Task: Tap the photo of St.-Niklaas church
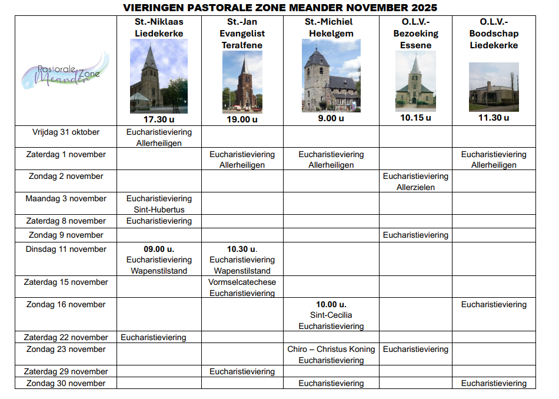click(159, 76)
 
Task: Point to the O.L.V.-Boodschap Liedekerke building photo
click(494, 87)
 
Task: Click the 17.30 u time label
click(159, 119)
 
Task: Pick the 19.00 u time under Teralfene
click(242, 119)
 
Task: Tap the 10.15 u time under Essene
click(415, 117)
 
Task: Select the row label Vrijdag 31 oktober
click(66, 132)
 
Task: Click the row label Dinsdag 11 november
click(66, 249)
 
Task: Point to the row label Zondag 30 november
click(66, 383)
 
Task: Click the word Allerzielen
click(415, 187)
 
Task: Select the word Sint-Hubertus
click(159, 210)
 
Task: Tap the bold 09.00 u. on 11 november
click(159, 249)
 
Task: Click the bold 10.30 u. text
click(242, 249)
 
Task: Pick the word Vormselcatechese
click(242, 282)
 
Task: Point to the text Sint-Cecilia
click(331, 315)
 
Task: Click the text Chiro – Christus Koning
click(331, 349)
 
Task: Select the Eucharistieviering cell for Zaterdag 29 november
click(242, 371)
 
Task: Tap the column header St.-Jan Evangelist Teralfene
click(242, 34)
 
